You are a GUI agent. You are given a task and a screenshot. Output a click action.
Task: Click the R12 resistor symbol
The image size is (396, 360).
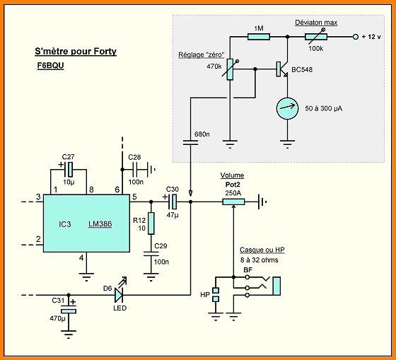(150, 222)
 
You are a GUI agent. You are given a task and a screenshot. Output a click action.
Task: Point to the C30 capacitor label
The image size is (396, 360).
(171, 190)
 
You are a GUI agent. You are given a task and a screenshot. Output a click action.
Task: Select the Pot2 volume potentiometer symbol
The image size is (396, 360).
(233, 202)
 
